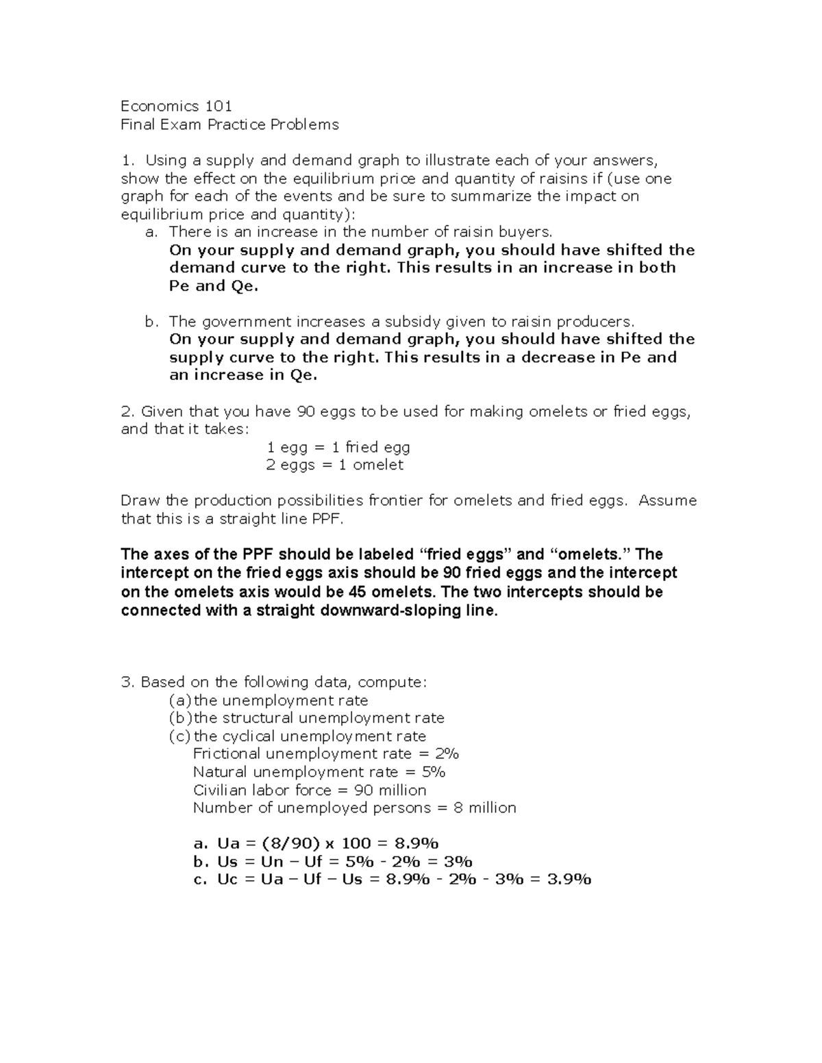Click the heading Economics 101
pos(176,106)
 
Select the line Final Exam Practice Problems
pos(229,125)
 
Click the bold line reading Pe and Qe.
pos(214,286)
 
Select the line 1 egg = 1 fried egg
pos(338,448)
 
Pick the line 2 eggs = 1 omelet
pos(334,465)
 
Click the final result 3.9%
pos(569,880)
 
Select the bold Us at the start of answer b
pos(227,862)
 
